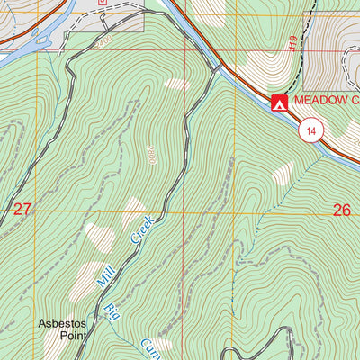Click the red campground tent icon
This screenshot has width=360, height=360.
tap(279, 103)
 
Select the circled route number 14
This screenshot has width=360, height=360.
tap(310, 130)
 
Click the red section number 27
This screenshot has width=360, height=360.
tap(22, 210)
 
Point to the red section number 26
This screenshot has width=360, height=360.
tap(341, 210)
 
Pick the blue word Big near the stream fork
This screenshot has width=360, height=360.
tap(111, 312)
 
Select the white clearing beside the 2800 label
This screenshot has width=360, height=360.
tap(177, 85)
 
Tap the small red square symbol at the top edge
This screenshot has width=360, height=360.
tap(103, 3)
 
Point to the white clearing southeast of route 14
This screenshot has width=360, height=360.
tap(283, 172)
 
